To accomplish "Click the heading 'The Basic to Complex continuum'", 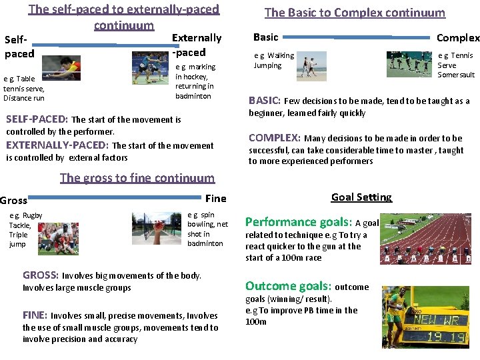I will click(355, 13).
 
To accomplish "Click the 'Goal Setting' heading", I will click(361, 197).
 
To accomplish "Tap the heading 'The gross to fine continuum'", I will click(137, 177).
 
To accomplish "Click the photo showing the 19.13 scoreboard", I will click(425, 319).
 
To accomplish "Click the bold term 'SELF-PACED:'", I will click(37, 119).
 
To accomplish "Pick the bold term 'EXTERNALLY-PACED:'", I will click(57, 145).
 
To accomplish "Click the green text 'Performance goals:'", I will click(298, 222).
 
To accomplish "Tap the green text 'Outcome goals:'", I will click(288, 286).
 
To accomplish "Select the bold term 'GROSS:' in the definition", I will click(41, 275).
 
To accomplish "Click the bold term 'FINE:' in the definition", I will click(35, 315).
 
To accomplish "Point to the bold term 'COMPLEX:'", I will click(274, 138).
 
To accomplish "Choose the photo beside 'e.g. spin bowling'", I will click(157, 230).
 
